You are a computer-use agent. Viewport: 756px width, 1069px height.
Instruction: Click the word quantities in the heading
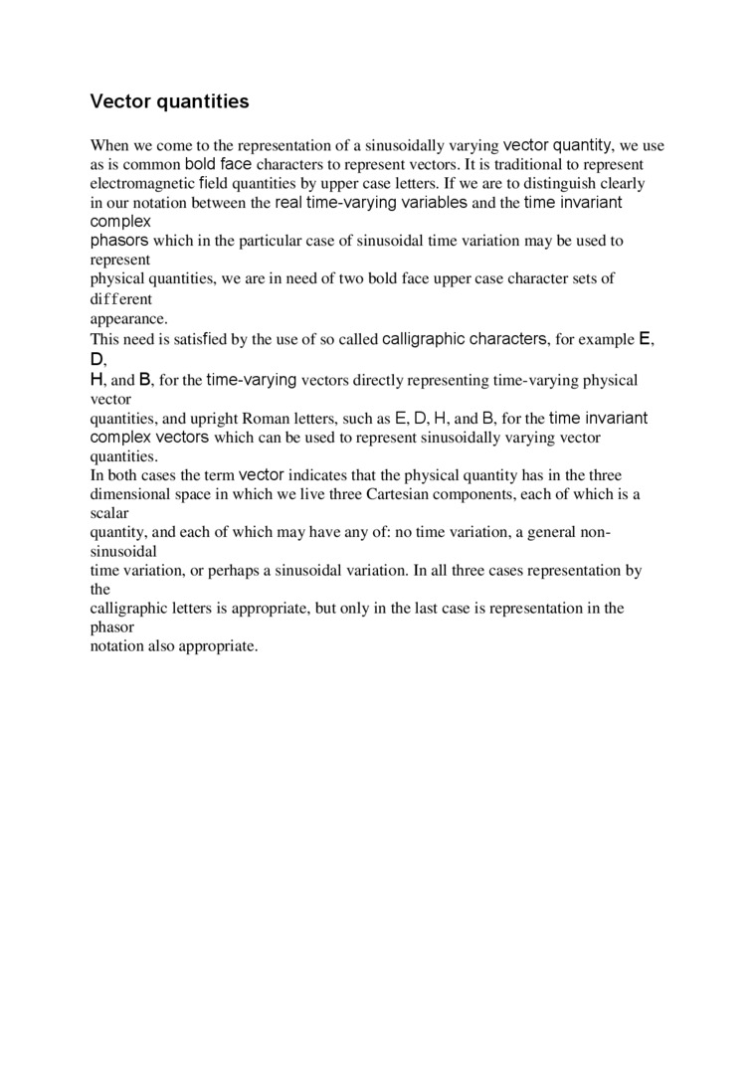point(203,101)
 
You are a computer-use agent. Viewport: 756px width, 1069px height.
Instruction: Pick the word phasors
point(119,241)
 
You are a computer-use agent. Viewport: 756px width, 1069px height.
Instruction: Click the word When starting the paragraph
point(109,145)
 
